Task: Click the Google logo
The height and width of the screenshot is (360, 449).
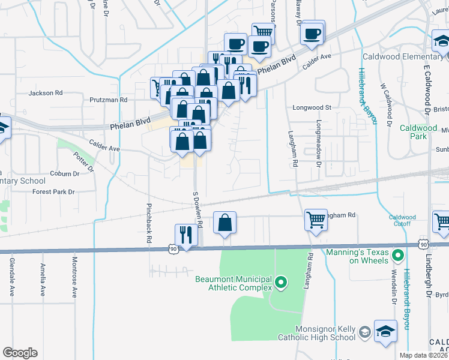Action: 20,353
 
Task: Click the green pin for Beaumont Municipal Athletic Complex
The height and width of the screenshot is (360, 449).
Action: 280,281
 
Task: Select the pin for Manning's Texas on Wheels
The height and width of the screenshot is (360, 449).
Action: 397,257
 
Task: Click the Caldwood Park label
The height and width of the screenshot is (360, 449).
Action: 418,132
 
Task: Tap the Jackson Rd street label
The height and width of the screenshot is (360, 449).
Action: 46,93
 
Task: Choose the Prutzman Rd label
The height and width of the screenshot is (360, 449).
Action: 108,100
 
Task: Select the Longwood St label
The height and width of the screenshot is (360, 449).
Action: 312,107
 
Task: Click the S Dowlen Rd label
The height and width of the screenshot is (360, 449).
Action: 196,210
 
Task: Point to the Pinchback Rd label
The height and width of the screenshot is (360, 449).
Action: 148,222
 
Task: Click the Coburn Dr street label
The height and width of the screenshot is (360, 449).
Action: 65,174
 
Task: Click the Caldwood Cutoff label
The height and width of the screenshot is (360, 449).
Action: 402,220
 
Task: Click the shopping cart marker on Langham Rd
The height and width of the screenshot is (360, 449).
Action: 316,219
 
